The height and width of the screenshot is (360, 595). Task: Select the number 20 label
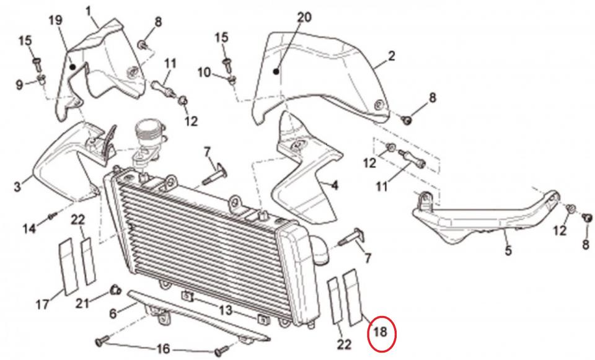point(304,17)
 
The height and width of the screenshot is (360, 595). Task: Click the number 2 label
point(391,56)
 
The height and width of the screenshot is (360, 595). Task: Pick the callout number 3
point(18,186)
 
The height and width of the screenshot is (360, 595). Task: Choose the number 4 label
point(335,185)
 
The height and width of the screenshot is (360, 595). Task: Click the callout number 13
point(224,309)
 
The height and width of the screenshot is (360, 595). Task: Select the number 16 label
point(162,349)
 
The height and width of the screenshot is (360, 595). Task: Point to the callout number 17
point(42,304)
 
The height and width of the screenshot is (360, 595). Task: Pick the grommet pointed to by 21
point(113,289)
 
